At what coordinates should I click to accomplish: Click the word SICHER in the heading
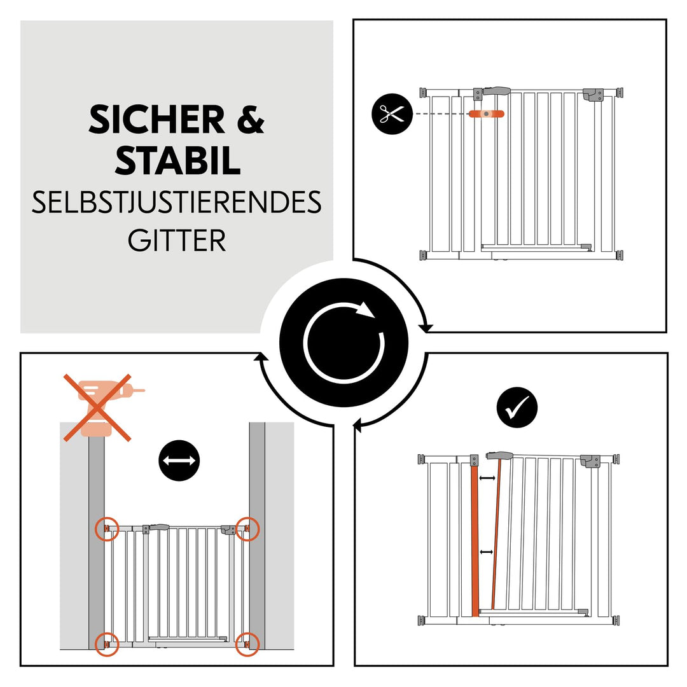click(x=156, y=119)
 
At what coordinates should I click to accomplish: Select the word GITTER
click(x=177, y=241)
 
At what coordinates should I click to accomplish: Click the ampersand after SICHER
click(x=251, y=119)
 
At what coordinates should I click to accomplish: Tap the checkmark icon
click(x=517, y=408)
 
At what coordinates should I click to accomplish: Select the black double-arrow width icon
click(x=179, y=461)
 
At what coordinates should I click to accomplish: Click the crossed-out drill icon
click(x=97, y=407)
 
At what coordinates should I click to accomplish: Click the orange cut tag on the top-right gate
click(x=486, y=114)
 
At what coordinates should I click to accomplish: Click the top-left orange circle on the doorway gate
click(x=107, y=528)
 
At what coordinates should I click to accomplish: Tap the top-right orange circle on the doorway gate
click(x=247, y=529)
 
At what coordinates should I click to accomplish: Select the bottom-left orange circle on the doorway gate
click(x=107, y=644)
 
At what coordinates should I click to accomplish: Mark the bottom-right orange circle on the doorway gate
click(x=247, y=644)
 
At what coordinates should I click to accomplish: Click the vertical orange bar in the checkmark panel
click(x=474, y=541)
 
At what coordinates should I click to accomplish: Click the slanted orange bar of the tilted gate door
click(x=497, y=534)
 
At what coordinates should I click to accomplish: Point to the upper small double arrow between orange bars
click(x=487, y=477)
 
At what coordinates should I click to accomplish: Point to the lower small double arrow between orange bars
click(x=487, y=553)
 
